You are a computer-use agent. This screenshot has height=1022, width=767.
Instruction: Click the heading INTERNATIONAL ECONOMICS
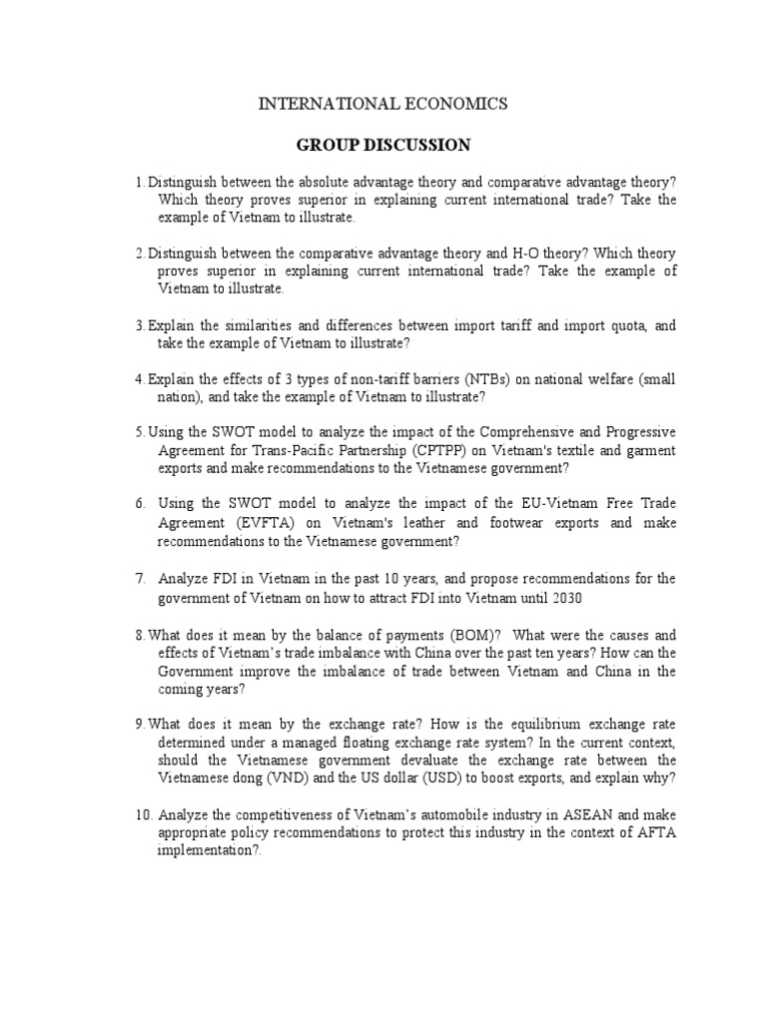[383, 103]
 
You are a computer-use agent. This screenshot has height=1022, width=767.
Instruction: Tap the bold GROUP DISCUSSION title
[383, 145]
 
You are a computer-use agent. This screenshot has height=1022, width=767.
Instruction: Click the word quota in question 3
[619, 324]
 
